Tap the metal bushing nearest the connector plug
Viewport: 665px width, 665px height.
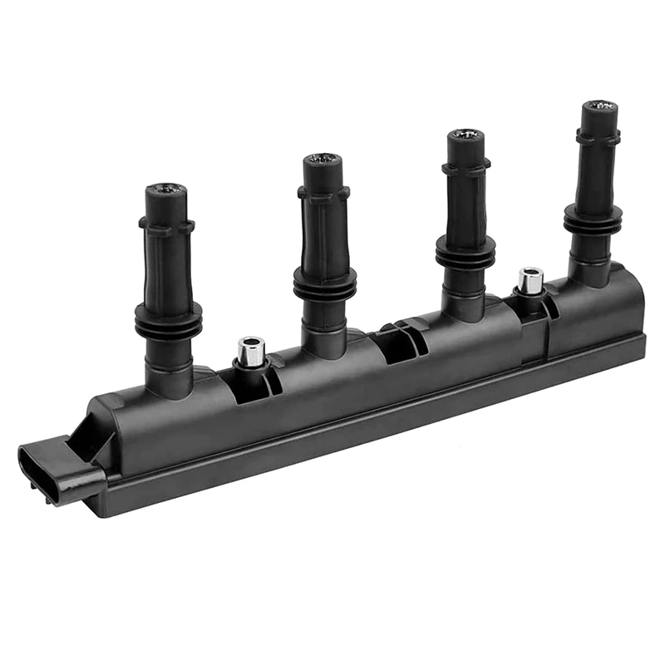(x=250, y=351)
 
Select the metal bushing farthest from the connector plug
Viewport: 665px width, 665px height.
(x=530, y=281)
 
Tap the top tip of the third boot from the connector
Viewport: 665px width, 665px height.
(x=465, y=135)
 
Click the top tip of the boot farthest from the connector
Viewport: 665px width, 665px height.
(x=599, y=107)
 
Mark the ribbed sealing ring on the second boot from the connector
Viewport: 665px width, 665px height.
(x=324, y=283)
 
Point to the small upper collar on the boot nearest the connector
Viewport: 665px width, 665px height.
(x=166, y=224)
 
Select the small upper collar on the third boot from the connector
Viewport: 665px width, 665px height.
(x=465, y=167)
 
